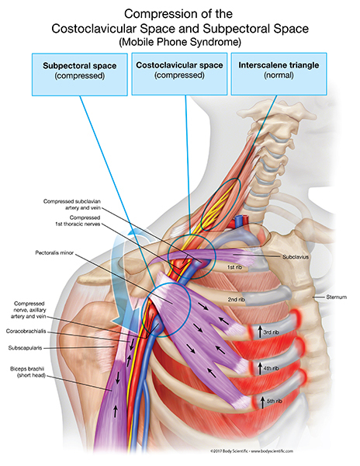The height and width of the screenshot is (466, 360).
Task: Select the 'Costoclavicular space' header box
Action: [180, 71]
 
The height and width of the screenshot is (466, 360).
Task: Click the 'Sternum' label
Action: [325, 297]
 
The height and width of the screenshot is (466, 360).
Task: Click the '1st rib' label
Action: [237, 268]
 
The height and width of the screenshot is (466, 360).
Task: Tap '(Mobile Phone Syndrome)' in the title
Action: [180, 41]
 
